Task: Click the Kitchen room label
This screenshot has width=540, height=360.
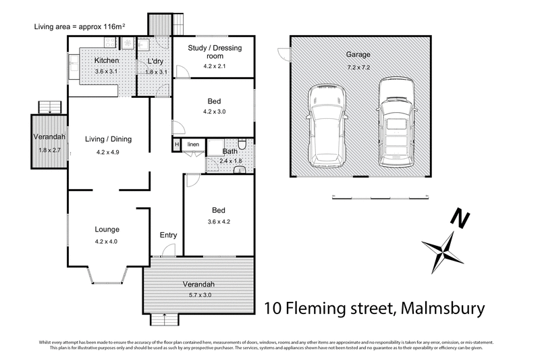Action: pyautogui.click(x=107, y=61)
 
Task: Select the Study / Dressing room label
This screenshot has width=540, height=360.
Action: pyautogui.click(x=214, y=52)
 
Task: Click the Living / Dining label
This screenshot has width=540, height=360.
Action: pyautogui.click(x=108, y=140)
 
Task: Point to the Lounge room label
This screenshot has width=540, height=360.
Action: pyautogui.click(x=107, y=230)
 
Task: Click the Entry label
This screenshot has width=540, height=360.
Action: pyautogui.click(x=168, y=235)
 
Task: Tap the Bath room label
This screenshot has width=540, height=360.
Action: pyautogui.click(x=230, y=151)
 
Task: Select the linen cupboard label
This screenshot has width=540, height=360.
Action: pyautogui.click(x=193, y=145)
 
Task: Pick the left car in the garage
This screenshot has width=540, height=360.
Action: pyautogui.click(x=326, y=128)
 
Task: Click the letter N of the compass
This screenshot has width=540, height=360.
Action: pyautogui.click(x=461, y=220)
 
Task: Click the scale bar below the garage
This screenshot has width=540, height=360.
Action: pyautogui.click(x=381, y=197)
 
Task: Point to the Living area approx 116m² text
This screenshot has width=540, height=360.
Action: pyautogui.click(x=79, y=27)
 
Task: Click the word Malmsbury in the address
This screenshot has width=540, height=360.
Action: pyautogui.click(x=442, y=310)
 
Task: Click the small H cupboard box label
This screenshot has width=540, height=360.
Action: pyautogui.click(x=177, y=145)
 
